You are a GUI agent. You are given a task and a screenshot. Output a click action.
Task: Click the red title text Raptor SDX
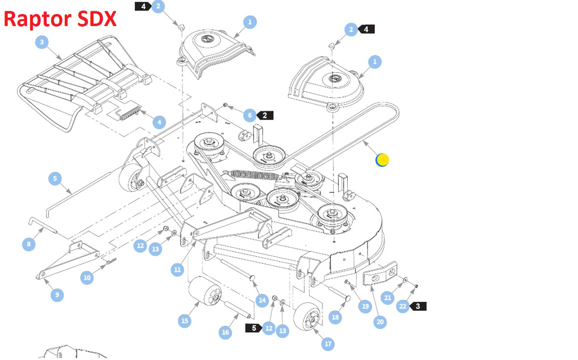coord(60,19)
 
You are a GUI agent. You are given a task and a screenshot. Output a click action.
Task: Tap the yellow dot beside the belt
coord(382,160)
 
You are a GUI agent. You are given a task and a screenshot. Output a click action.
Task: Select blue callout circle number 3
coord(42,42)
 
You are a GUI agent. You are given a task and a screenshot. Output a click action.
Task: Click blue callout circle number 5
coord(55,179)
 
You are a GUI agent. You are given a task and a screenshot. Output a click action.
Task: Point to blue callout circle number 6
coord(249,115)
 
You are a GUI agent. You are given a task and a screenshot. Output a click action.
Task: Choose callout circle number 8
coord(29,244)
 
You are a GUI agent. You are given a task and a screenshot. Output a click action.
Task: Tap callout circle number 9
coord(56,295)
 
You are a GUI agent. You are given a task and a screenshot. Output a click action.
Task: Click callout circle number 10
coord(86,278)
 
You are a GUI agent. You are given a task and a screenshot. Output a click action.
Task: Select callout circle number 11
coord(178,270)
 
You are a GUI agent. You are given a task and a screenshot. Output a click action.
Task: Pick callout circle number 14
coord(262,300)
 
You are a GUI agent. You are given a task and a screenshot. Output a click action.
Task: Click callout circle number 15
coord(184,321)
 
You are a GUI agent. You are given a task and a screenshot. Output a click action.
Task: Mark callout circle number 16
coord(225,332)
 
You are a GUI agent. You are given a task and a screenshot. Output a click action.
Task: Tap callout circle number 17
coord(328,344)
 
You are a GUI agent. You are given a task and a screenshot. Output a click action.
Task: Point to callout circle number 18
coord(335,317)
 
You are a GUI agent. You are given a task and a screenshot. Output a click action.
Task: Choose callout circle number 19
coord(365,306)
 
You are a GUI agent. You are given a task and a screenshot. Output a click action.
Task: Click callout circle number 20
coord(380,322)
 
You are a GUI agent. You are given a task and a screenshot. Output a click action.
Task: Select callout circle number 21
coord(387,297)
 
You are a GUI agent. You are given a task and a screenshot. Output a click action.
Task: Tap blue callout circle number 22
coord(402,306)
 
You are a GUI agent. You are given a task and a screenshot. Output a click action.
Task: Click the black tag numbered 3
coord(418,306)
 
